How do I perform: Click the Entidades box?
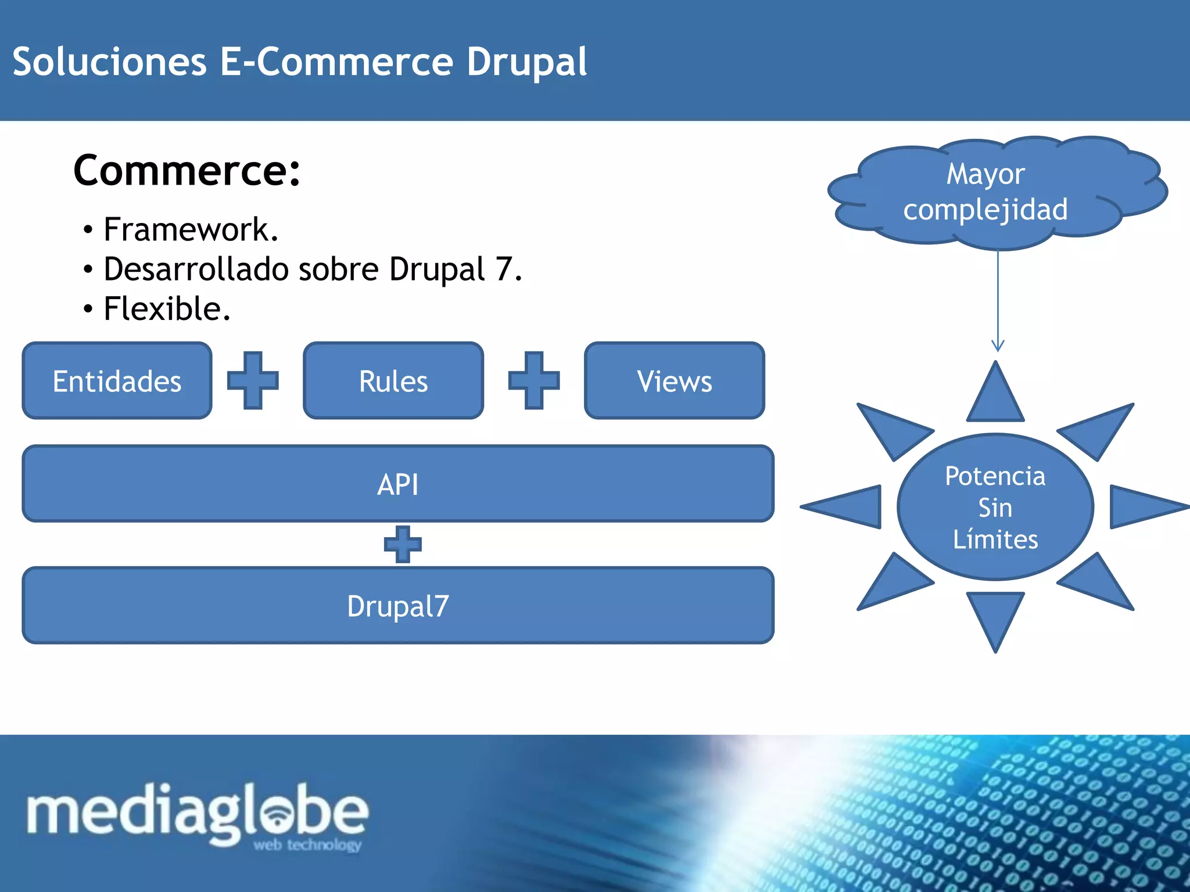(x=117, y=381)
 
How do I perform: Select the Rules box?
(x=393, y=381)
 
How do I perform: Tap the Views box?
(x=674, y=381)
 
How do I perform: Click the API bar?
(x=398, y=484)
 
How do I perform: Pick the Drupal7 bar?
(x=398, y=606)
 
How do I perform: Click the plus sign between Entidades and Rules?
(x=253, y=380)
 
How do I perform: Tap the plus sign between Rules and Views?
(x=534, y=380)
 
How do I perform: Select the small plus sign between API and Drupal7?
(x=403, y=544)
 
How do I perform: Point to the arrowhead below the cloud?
(x=998, y=346)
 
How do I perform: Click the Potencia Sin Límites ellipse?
(x=995, y=507)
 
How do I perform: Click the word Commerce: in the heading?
(x=187, y=171)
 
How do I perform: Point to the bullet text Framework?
(x=191, y=229)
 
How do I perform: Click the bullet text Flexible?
(x=167, y=308)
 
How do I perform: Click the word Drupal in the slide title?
(x=526, y=62)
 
